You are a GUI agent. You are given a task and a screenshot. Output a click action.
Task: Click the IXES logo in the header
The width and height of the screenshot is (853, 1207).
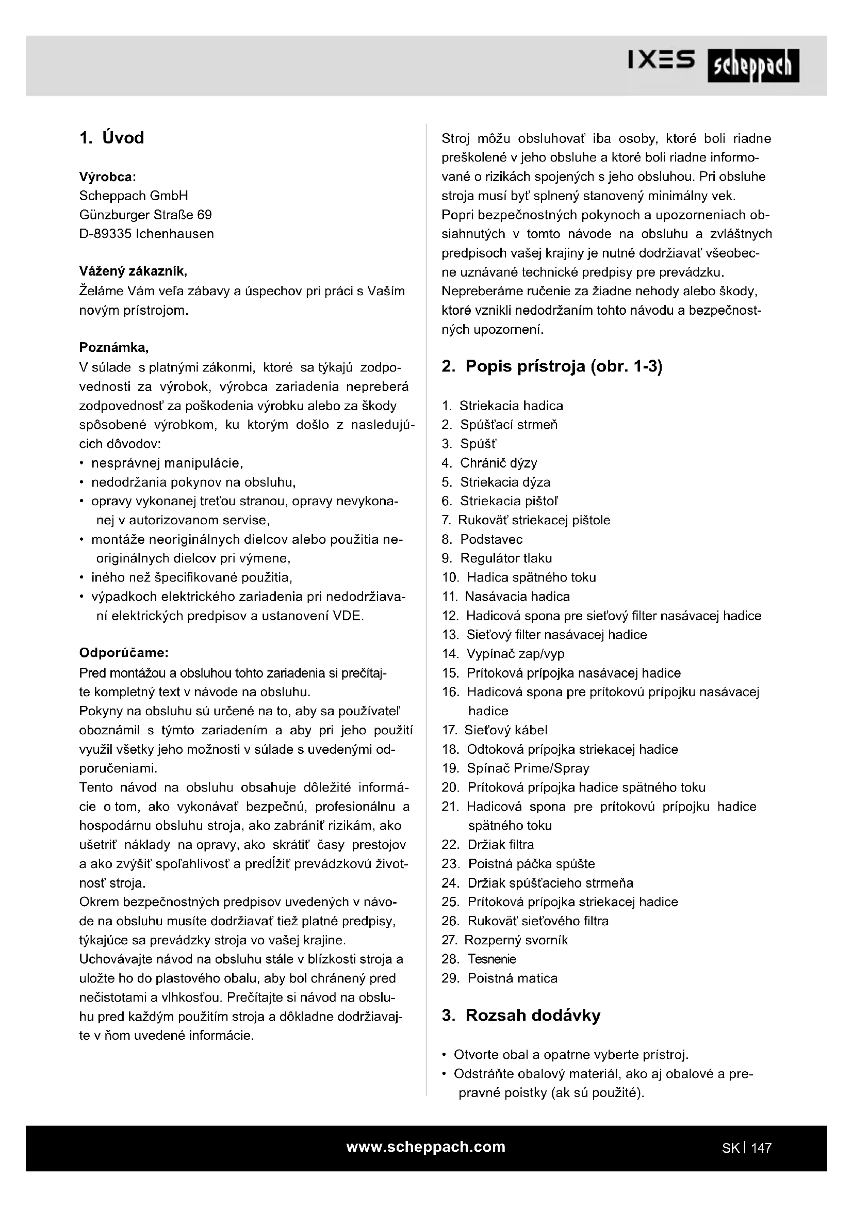coord(661,61)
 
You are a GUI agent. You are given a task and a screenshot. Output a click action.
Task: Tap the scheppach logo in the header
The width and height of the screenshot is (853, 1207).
coord(752,66)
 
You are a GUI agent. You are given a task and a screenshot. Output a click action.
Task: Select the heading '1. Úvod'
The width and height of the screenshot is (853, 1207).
coord(111,138)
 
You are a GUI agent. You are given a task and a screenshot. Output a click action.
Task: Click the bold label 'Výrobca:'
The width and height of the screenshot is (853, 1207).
coord(107,176)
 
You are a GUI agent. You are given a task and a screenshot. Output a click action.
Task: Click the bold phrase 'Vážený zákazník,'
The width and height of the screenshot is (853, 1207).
coord(133,271)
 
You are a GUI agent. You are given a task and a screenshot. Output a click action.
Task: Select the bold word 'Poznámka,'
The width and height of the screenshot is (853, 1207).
coord(114,347)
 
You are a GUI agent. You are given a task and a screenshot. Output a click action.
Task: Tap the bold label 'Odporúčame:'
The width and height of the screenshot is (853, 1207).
coord(123,653)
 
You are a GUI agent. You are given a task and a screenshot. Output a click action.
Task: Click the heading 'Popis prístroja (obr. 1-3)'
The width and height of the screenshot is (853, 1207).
coord(563,366)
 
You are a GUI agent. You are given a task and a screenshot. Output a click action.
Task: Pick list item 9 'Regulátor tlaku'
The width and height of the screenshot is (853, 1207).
coord(506,558)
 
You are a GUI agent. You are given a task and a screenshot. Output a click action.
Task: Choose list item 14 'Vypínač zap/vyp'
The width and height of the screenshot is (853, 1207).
coord(515,654)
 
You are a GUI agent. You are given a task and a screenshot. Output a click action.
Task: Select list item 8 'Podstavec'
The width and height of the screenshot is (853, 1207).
coord(491,539)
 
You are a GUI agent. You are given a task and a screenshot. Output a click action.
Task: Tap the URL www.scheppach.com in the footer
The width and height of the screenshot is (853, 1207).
coord(425,1147)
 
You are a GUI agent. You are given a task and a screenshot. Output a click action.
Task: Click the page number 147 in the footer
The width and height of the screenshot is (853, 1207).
coord(761,1148)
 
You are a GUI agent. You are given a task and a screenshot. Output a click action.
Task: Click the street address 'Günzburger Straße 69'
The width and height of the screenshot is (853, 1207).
coord(145,215)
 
